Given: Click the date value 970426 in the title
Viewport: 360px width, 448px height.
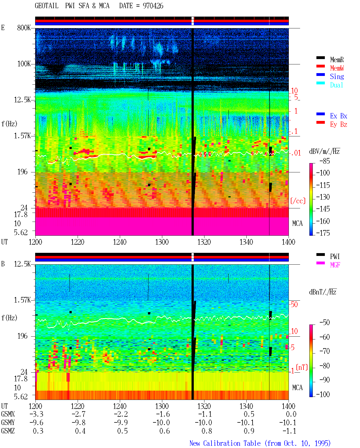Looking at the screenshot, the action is pyautogui.click(x=153, y=6).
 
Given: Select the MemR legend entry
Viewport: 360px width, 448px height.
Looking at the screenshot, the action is pyautogui.click(x=337, y=60).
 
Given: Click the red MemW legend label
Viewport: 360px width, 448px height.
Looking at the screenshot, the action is pyautogui.click(x=337, y=68).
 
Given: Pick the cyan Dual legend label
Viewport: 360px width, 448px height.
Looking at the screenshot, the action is pyautogui.click(x=337, y=85).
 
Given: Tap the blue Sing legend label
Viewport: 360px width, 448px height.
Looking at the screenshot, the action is pyautogui.click(x=337, y=76).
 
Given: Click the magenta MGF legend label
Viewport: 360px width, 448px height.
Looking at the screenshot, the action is pyautogui.click(x=335, y=265).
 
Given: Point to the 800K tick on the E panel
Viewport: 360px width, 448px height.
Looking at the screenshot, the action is pyautogui.click(x=24, y=28).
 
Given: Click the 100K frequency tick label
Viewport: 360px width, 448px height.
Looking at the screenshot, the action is pyautogui.click(x=24, y=64).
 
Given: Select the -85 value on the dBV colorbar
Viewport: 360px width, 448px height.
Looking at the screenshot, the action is pyautogui.click(x=325, y=161).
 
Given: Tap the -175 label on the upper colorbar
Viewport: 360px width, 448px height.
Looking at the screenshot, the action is pyautogui.click(x=323, y=233).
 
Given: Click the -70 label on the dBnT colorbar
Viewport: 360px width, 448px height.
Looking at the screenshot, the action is pyautogui.click(x=325, y=351).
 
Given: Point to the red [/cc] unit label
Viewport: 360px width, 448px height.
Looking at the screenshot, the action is pyautogui.click(x=298, y=201).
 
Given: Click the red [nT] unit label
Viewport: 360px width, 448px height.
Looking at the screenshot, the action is pyautogui.click(x=302, y=367).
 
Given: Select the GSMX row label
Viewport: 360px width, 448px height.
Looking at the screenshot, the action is pyautogui.click(x=8, y=414).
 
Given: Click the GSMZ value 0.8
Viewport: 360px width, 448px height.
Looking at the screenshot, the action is pyautogui.click(x=207, y=431).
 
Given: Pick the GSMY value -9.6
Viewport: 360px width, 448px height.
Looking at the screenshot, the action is pyautogui.click(x=37, y=422).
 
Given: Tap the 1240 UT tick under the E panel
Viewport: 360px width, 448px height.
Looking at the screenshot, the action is pyautogui.click(x=120, y=242).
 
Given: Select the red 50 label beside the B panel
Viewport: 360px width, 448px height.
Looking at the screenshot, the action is pyautogui.click(x=294, y=304).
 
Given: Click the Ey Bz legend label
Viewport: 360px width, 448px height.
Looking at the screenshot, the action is pyautogui.click(x=339, y=125).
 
